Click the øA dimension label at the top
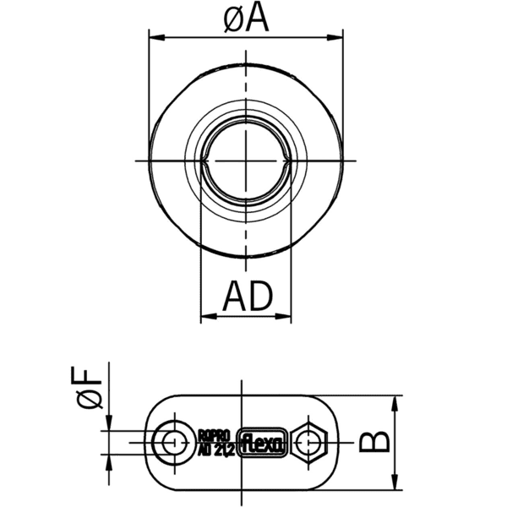point(246,18)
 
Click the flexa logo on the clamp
point(264,441)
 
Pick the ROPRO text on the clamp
point(214,434)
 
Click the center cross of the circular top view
point(247,161)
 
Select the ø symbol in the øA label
point(233,19)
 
